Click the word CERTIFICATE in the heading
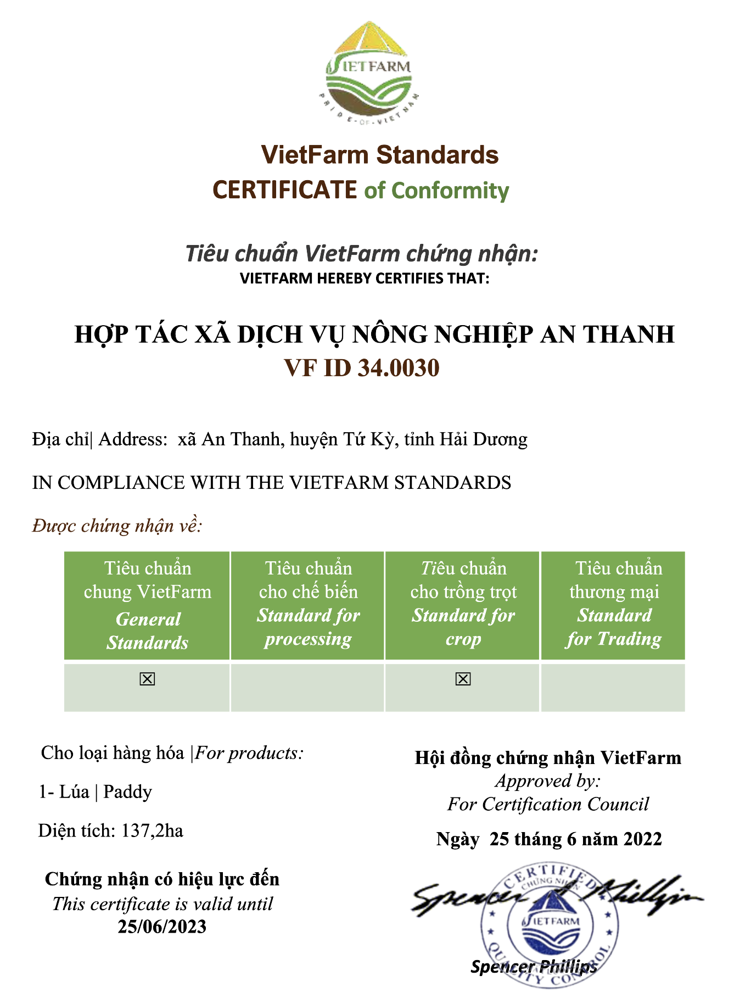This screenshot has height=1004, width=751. click(x=284, y=190)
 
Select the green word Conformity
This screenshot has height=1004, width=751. click(x=450, y=191)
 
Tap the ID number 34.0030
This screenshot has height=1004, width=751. click(x=399, y=368)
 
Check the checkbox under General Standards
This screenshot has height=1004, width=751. click(x=147, y=679)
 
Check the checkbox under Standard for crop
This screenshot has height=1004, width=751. click(x=463, y=679)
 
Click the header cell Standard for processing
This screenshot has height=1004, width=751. click(x=308, y=604)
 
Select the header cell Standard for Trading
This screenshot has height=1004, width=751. click(x=613, y=604)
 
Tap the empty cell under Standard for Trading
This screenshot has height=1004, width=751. click(x=613, y=688)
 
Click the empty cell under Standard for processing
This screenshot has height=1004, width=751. click(x=307, y=688)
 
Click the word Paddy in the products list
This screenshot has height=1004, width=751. click(x=127, y=792)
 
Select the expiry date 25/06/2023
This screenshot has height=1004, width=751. click(x=162, y=927)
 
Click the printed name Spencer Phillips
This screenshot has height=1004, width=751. click(x=533, y=967)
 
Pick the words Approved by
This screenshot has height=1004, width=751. click(x=547, y=781)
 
